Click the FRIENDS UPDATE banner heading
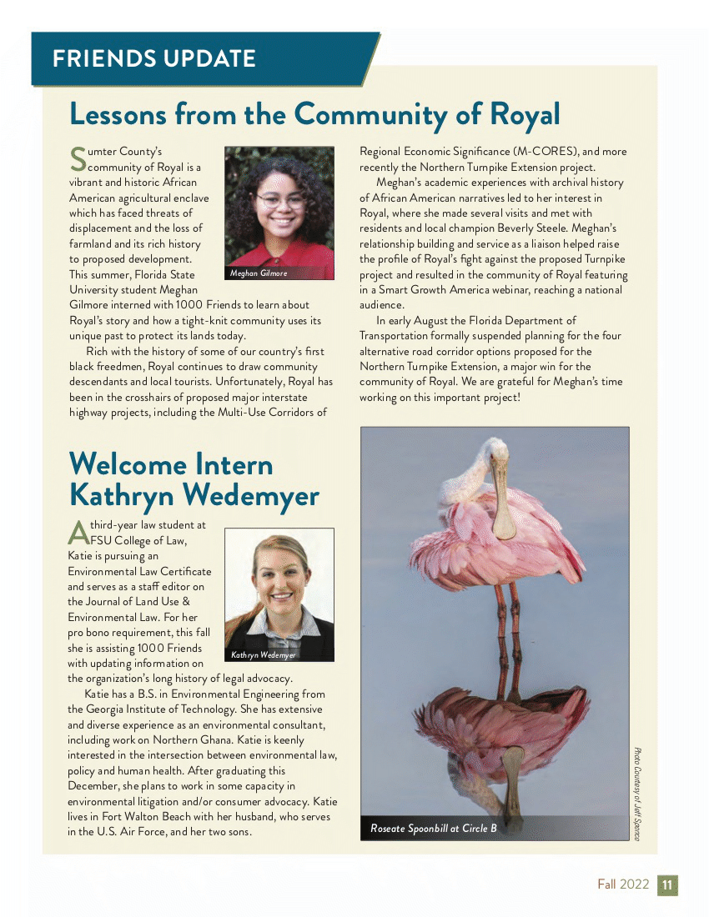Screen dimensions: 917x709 (153, 58)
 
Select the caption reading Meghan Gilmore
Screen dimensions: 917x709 (259, 273)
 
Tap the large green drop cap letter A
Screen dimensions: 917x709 (77, 531)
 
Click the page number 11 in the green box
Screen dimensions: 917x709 (667, 884)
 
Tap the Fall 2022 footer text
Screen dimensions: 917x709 (622, 884)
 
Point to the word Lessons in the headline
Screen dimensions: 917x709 (120, 113)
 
